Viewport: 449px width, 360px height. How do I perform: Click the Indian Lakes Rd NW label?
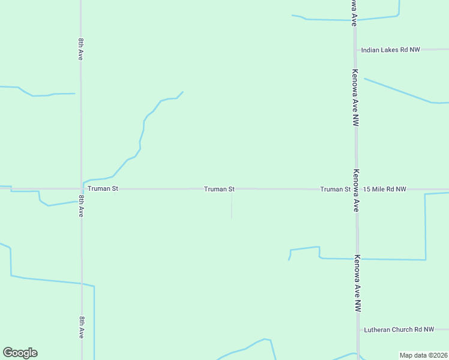click(390, 50)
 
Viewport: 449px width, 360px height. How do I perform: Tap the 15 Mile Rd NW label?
click(385, 189)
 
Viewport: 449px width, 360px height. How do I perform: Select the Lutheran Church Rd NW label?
click(399, 329)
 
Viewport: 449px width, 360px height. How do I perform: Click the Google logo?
click(20, 353)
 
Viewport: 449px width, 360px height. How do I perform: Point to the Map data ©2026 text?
click(423, 355)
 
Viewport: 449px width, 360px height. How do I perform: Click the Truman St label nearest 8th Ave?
click(103, 188)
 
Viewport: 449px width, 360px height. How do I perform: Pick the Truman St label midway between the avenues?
click(219, 189)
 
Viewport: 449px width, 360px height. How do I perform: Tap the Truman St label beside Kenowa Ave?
click(336, 189)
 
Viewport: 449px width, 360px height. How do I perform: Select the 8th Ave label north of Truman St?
click(80, 49)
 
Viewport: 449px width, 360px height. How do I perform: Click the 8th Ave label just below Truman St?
click(81, 206)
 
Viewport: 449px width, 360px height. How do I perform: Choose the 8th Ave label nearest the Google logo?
click(81, 328)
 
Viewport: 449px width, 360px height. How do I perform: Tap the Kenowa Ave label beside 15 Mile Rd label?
click(355, 190)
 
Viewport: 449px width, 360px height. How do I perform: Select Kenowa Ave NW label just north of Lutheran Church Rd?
click(357, 283)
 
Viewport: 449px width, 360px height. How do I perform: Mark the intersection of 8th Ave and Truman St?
click(82, 188)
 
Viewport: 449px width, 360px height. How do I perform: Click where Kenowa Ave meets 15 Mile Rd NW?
click(356, 189)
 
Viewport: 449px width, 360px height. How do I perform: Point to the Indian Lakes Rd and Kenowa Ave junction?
click(355, 50)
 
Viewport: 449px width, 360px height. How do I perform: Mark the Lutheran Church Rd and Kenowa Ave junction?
click(358, 329)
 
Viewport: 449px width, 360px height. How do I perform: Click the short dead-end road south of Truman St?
click(232, 204)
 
